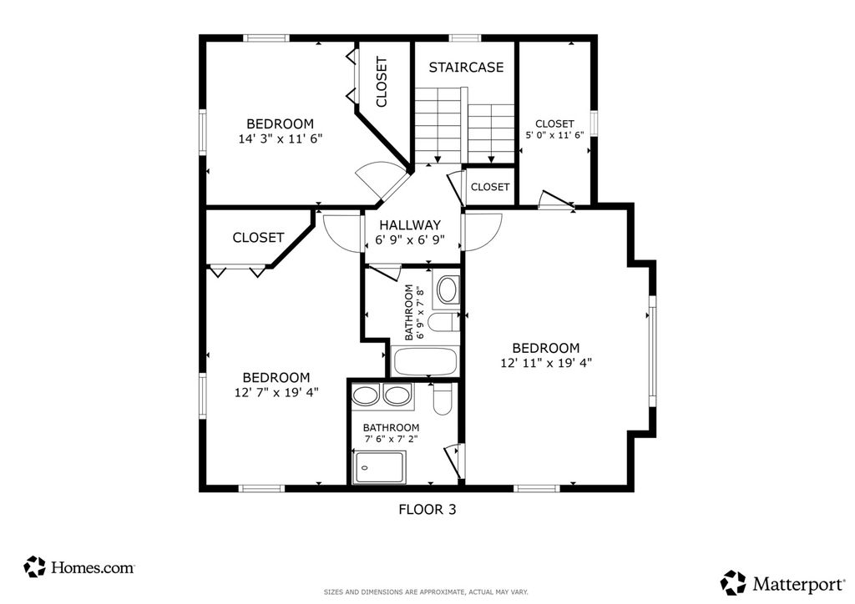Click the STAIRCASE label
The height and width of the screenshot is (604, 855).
(466, 67)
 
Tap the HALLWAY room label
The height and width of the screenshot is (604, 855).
(410, 224)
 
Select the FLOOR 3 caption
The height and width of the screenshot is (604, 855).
(427, 509)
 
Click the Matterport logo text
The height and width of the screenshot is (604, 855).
(798, 584)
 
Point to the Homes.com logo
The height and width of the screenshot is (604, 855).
(79, 567)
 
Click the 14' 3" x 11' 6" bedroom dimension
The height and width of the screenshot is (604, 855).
(281, 138)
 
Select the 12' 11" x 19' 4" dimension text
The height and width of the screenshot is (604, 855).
(546, 363)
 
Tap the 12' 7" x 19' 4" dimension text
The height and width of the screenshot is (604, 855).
(276, 392)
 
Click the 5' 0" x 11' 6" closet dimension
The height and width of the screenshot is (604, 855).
(554, 135)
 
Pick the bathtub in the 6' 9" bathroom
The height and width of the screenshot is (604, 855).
(425, 361)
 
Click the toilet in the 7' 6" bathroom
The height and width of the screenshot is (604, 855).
(441, 400)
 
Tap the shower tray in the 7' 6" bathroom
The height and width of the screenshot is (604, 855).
(379, 467)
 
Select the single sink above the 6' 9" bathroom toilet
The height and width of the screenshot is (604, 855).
(448, 289)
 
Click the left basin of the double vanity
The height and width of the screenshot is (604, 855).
(366, 395)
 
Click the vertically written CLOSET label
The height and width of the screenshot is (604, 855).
(381, 83)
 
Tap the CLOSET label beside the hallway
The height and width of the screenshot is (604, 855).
(490, 187)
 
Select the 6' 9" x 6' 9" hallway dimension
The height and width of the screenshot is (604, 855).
(410, 239)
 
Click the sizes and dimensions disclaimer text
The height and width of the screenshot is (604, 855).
(426, 592)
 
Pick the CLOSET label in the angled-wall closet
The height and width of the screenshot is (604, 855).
(258, 238)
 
